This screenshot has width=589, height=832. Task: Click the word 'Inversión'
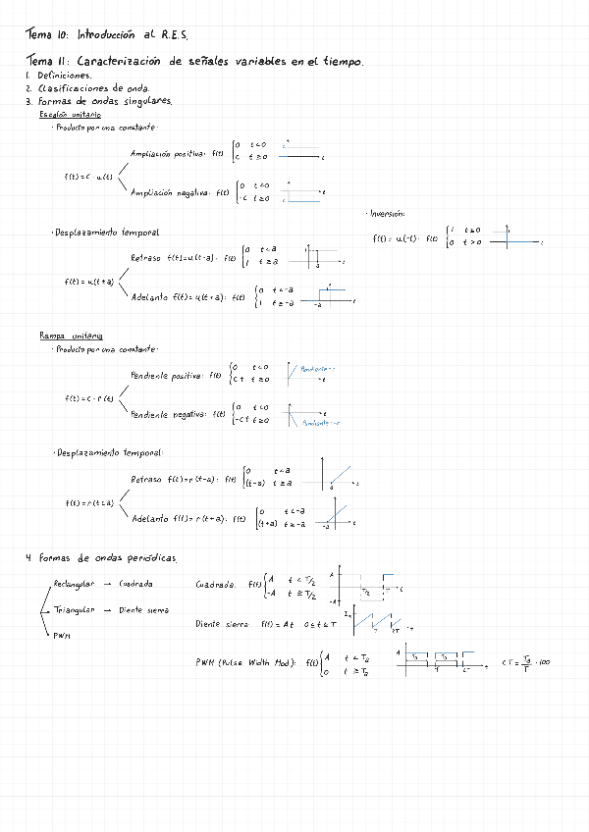pyautogui.click(x=388, y=213)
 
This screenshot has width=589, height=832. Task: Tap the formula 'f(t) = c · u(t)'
pyautogui.click(x=88, y=176)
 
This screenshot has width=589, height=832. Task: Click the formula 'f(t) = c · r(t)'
pyautogui.click(x=89, y=398)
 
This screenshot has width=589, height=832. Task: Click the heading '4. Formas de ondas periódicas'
pyautogui.click(x=102, y=558)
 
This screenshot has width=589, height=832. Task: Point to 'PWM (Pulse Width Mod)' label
pyautogui.click(x=245, y=661)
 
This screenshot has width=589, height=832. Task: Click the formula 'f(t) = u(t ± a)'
pyautogui.click(x=88, y=282)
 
